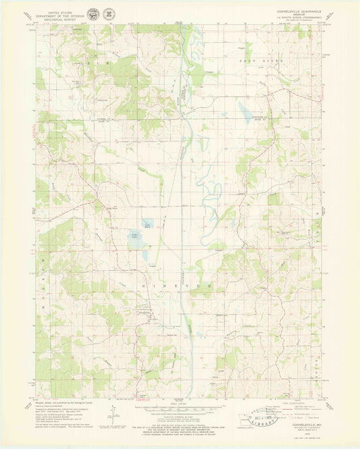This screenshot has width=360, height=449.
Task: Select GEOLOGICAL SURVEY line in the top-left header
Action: pyautogui.click(x=57, y=17)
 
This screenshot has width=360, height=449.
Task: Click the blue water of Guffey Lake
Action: pyautogui.click(x=138, y=239)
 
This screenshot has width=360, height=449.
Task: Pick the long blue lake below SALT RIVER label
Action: pyautogui.click(x=244, y=109)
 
